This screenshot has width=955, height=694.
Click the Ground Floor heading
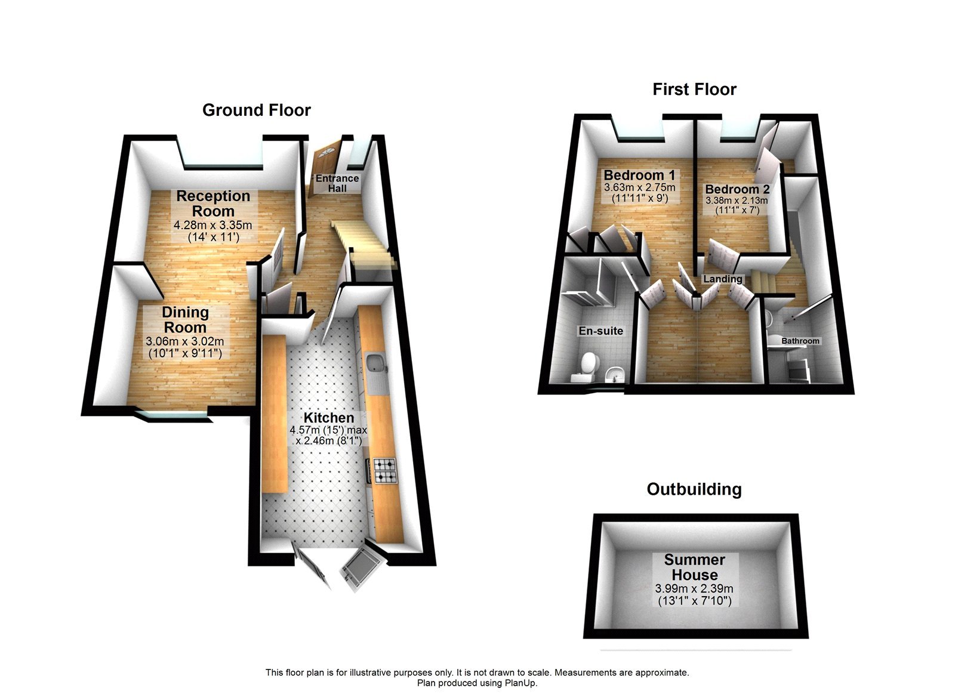[257, 110]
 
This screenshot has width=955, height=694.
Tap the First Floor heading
[694, 90]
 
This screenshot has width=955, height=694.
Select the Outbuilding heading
[694, 489]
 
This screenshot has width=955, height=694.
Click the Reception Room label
[213, 203]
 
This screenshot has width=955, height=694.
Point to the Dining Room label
[185, 320]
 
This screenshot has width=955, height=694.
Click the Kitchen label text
[328, 418]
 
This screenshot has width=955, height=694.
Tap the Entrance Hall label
[337, 183]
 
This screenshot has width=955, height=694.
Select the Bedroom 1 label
[639, 175]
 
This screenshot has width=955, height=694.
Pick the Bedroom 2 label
[737, 189]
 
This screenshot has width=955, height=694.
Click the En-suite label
[600, 331]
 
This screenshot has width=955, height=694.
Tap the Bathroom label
[800, 341]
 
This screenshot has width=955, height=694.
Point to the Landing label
[722, 279]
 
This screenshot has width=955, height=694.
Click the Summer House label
[694, 567]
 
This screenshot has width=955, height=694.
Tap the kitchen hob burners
[385, 470]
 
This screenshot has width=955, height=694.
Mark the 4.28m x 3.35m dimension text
[212, 226]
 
